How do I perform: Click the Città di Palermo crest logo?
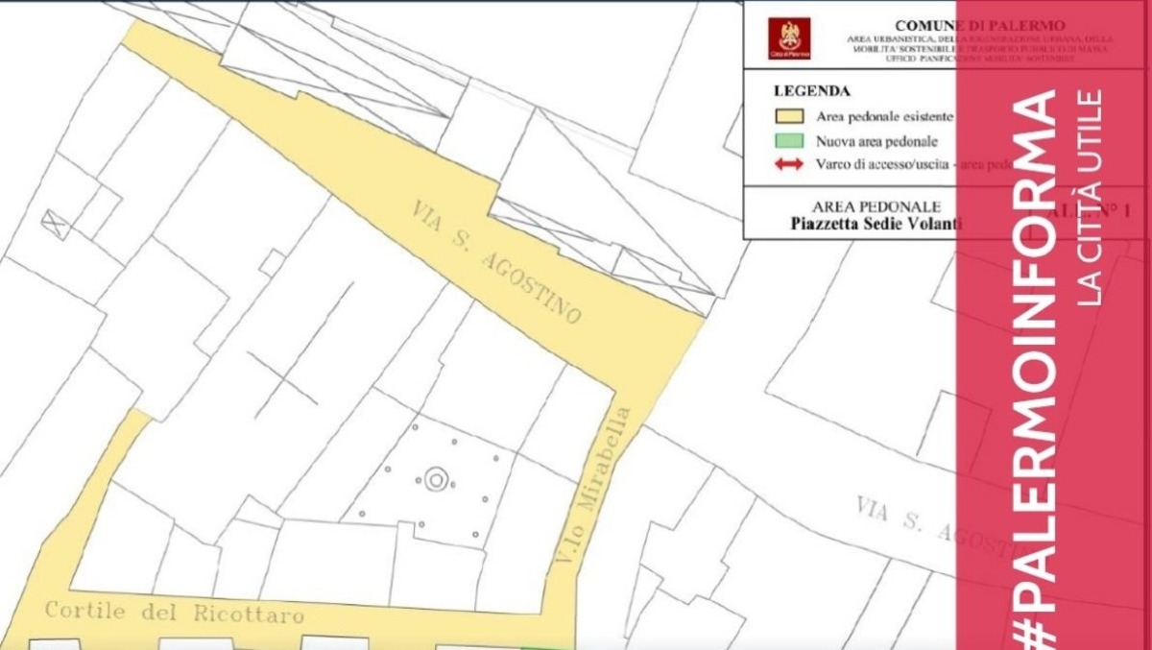click(x=788, y=38)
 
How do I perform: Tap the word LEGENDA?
click(x=811, y=92)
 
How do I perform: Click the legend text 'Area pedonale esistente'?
click(x=884, y=117)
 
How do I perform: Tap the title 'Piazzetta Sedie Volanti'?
click(x=876, y=224)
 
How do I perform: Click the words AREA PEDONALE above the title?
click(x=876, y=206)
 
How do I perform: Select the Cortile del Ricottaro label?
click(x=174, y=612)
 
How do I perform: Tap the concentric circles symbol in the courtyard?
click(x=437, y=479)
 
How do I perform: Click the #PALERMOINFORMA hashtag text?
click(x=1036, y=365)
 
